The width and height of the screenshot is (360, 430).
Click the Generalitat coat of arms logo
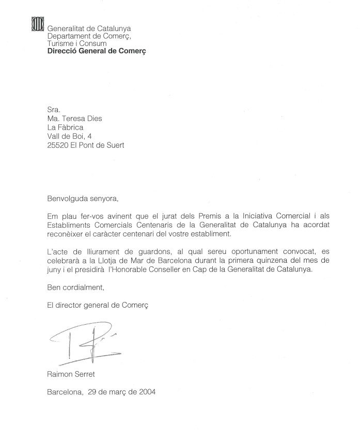[38, 24]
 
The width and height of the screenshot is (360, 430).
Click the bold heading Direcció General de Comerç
[96, 52]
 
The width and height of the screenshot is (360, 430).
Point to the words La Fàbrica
[65, 127]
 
